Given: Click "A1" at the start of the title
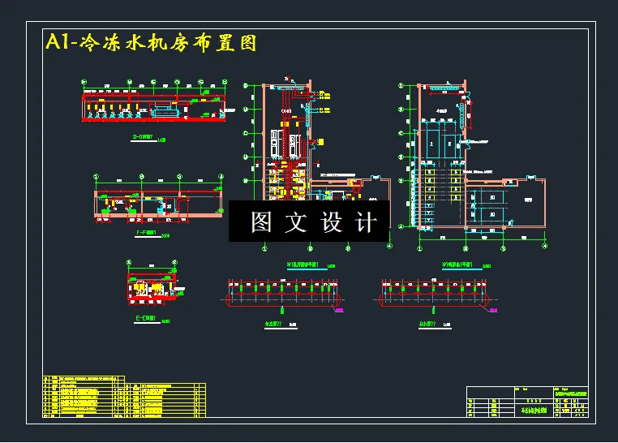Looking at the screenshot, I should click(58, 42).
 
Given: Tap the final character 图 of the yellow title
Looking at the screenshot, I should click(246, 43).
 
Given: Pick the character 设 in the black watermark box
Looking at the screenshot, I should click(330, 221).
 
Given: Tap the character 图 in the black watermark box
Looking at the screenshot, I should click(260, 221).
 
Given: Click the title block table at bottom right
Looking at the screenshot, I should click(528, 402).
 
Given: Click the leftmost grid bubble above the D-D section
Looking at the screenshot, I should click(84, 81).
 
